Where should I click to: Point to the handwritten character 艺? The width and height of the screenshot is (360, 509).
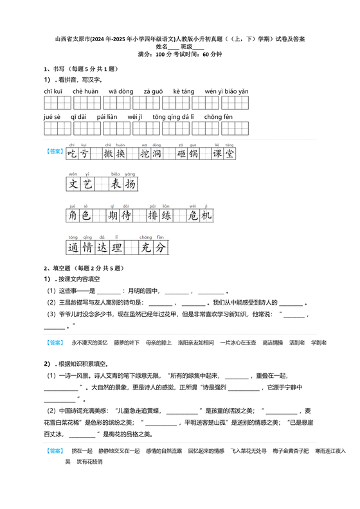[x=88, y=185]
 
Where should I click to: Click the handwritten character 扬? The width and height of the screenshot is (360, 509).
[x=129, y=185]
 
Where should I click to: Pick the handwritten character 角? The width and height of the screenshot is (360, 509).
[x=73, y=217]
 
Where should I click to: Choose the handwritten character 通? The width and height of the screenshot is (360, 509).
[x=73, y=247]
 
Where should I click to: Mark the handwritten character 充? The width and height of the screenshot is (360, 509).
[x=146, y=247]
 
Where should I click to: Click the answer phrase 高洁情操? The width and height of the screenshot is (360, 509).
[x=273, y=343]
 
